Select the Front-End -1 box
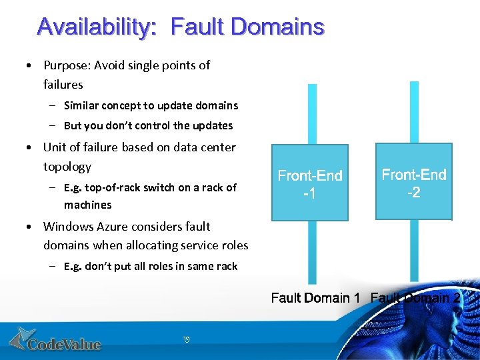[x=310, y=183]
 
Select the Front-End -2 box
[x=414, y=181]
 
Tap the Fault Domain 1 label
[x=315, y=297]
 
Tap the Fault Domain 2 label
[x=415, y=297]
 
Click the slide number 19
[x=186, y=340]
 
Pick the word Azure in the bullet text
[x=117, y=227]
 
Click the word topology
[x=67, y=166]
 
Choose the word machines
[x=87, y=205]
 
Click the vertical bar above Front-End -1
[x=312, y=114]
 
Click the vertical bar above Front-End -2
[x=414, y=112]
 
